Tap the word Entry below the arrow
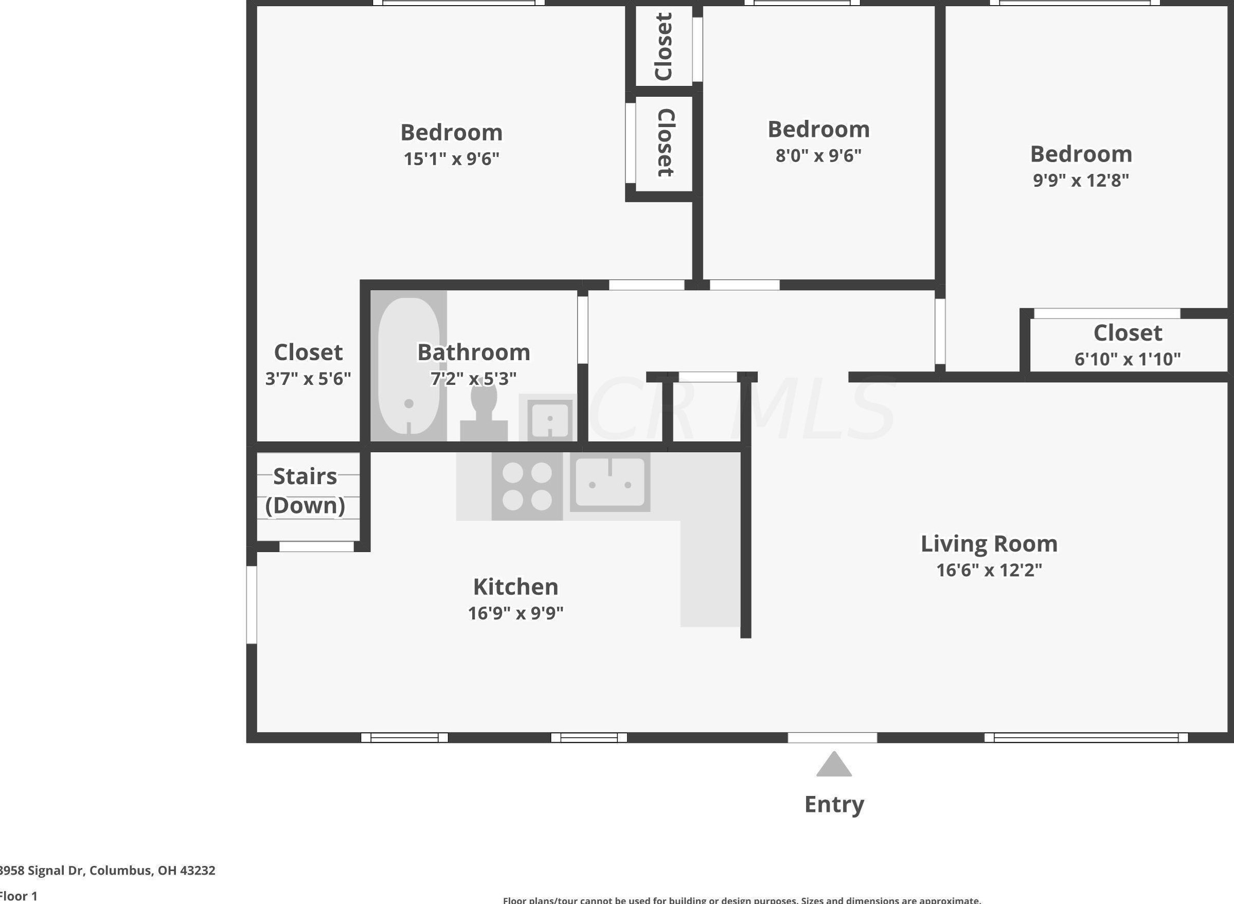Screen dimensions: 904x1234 (x=834, y=804)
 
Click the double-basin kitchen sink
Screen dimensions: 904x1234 (x=610, y=482)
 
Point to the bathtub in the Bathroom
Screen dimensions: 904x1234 (x=408, y=365)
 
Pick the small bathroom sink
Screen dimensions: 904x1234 (x=550, y=419)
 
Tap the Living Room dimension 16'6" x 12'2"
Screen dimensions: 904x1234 (x=989, y=570)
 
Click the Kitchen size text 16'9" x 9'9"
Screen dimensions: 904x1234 (x=515, y=613)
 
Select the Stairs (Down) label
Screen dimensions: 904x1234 (x=305, y=490)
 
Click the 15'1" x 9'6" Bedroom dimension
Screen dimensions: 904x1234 (x=451, y=158)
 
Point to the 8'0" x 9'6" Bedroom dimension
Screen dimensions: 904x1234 (x=818, y=155)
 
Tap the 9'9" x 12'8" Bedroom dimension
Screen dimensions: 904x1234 (x=1081, y=180)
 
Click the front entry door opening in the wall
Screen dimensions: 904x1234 (x=832, y=738)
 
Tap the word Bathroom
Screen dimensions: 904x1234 (x=474, y=352)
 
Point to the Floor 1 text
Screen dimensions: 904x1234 (x=19, y=896)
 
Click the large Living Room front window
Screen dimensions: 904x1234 (x=1086, y=738)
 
